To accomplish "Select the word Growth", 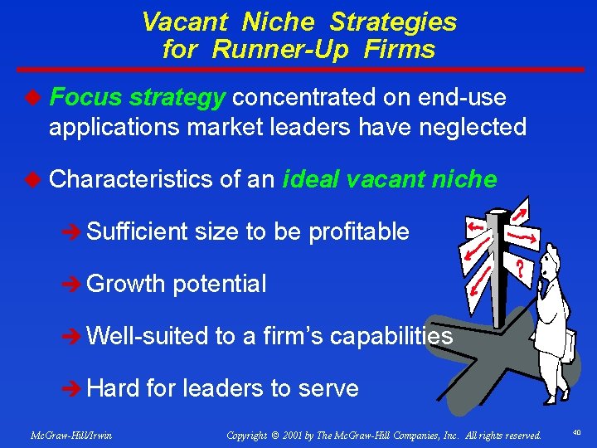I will pos(127,284).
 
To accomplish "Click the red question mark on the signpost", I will pos(519,270).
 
